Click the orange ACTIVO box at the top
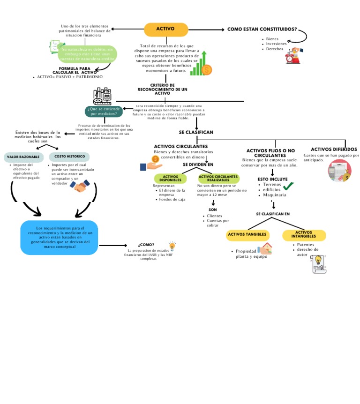(x=165, y=29)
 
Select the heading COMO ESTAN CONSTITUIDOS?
(x=262, y=29)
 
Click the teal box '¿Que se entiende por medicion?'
(x=104, y=111)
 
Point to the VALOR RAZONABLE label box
(x=23, y=157)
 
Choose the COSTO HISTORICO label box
(x=69, y=156)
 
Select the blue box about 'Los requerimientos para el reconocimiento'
(x=60, y=238)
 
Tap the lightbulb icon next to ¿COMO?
(x=172, y=246)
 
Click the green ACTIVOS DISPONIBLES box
(x=167, y=179)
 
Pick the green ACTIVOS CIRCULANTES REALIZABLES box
(x=218, y=179)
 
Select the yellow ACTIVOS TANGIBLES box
(x=247, y=234)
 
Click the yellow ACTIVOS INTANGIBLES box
(x=304, y=234)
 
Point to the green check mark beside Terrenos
(x=288, y=186)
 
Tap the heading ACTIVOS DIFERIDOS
(x=334, y=149)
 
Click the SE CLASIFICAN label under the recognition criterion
(x=196, y=132)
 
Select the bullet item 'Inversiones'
(x=276, y=44)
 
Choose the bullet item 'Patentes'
(x=306, y=245)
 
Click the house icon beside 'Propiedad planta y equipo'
(x=265, y=249)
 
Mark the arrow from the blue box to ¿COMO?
(x=112, y=245)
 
